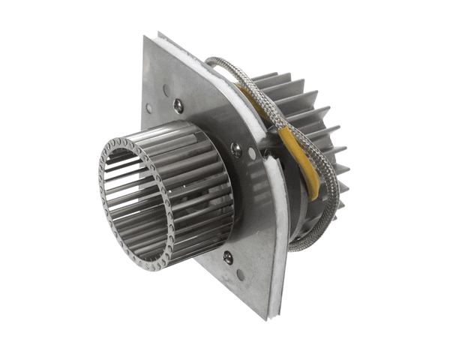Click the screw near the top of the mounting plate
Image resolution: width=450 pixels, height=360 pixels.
pos(178,106)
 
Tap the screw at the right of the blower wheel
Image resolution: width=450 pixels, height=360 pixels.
pos(236,149)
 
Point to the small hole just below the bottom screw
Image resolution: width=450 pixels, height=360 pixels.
pos(240,274)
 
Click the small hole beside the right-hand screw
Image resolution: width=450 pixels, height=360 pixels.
pos(252,154)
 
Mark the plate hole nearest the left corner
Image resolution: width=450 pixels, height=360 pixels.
pos(149,109)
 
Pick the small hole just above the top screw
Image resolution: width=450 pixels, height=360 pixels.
pos(166,90)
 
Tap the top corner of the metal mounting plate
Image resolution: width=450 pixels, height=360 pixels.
pos(159,35)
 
